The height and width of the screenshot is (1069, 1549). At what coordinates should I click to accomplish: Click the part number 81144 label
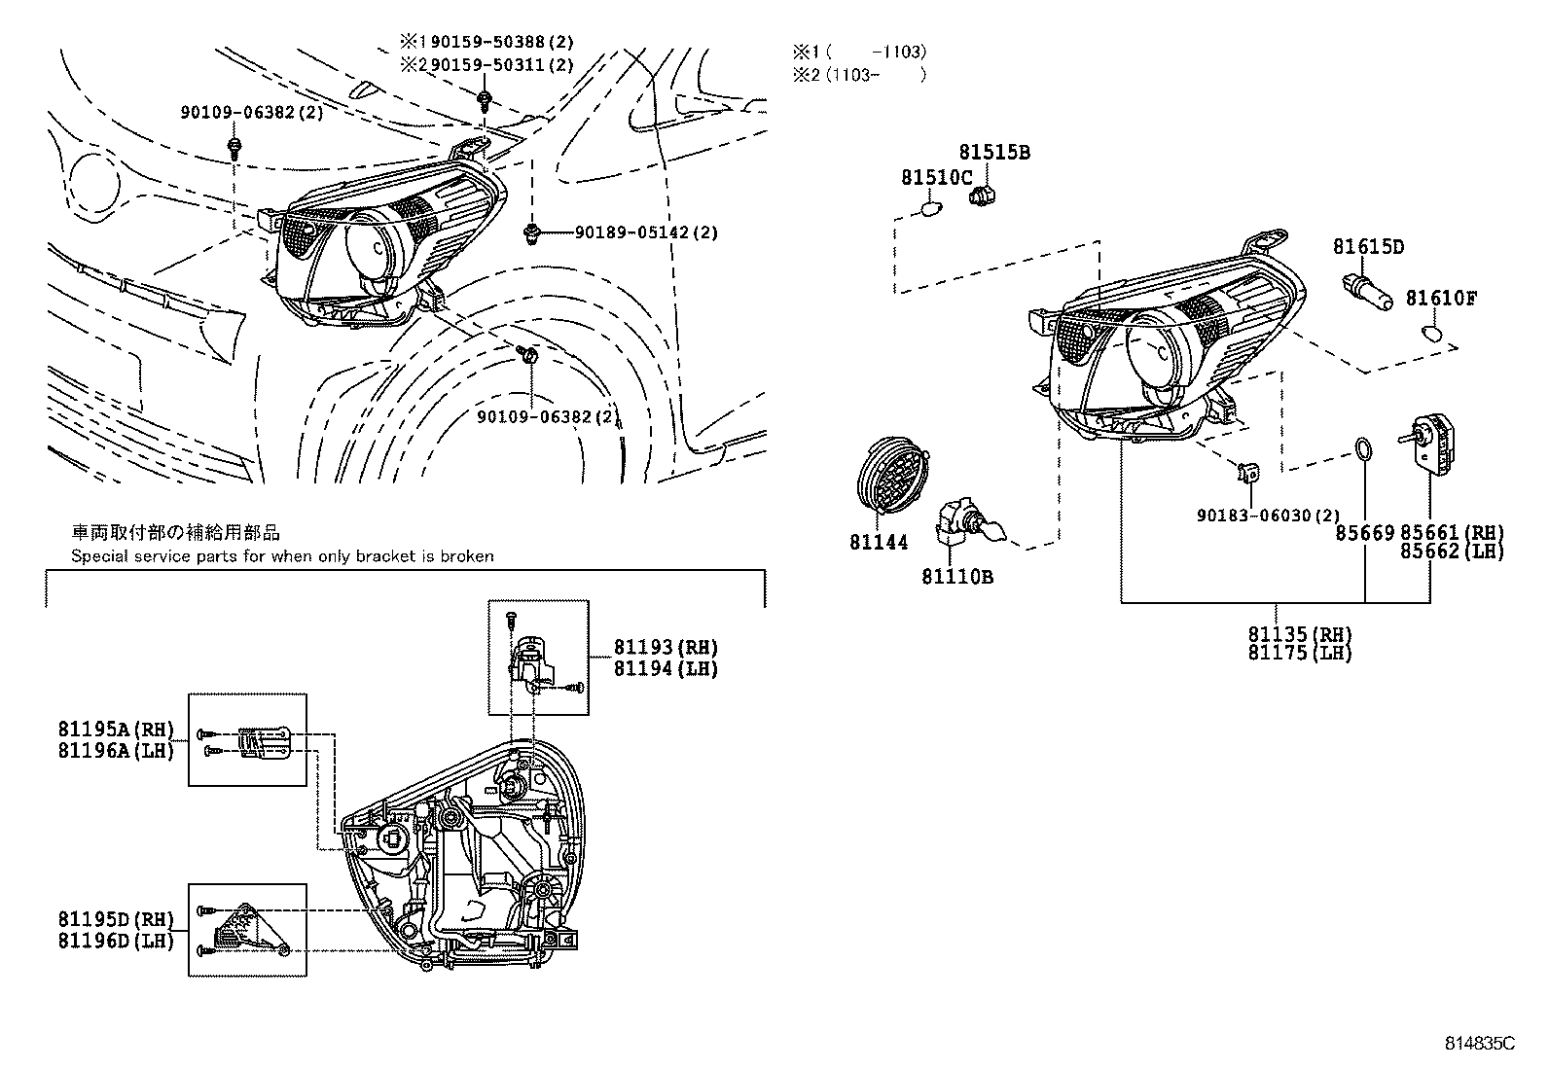pos(878,543)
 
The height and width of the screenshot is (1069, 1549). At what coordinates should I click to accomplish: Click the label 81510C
pos(936,178)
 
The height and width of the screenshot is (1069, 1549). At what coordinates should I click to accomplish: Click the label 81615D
pos(1368,247)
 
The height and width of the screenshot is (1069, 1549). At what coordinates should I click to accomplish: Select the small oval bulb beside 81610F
pos(1432,335)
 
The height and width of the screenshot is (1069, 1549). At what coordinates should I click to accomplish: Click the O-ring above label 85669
pos(1364,450)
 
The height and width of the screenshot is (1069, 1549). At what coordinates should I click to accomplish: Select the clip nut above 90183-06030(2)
pos(1248,474)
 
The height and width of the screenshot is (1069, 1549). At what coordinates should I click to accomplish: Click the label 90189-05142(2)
pos(646,232)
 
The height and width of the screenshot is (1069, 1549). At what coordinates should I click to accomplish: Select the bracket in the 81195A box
pos(266,742)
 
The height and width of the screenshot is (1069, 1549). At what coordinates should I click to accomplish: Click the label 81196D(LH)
pos(115,941)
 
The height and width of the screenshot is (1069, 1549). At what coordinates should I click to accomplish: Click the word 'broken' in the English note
pos(468,556)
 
